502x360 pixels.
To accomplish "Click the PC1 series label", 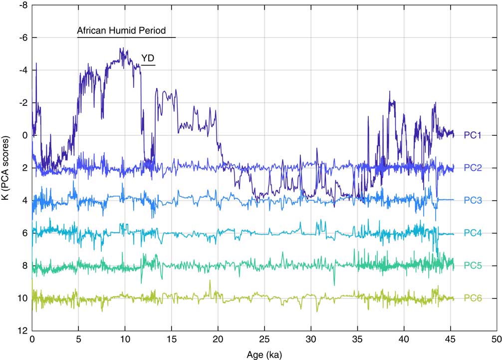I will pyautogui.click(x=473, y=135).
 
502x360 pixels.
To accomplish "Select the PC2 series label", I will pyautogui.click(x=473, y=168).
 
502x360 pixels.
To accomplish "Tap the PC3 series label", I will pyautogui.click(x=473, y=200).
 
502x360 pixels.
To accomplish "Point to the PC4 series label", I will pyautogui.click(x=473, y=233).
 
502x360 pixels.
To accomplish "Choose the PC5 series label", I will pyautogui.click(x=473, y=266).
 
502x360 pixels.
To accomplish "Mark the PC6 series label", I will pyautogui.click(x=473, y=299).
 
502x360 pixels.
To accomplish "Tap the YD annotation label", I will pyautogui.click(x=148, y=58).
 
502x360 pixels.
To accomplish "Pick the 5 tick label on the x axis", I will pyautogui.click(x=78, y=339).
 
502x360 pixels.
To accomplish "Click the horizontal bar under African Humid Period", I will pyautogui.click(x=126, y=37).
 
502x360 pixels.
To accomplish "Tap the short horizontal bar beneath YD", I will pyautogui.click(x=148, y=65).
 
